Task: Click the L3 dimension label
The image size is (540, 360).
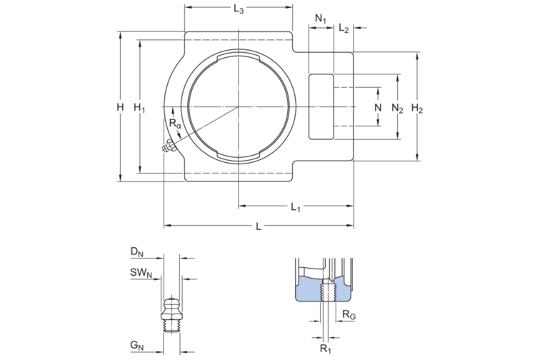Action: point(239,10)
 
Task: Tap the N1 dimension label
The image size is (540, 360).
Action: point(321,19)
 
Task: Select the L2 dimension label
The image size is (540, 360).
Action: point(344,29)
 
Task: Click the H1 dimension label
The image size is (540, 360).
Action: point(139,108)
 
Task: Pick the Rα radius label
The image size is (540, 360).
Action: point(175,124)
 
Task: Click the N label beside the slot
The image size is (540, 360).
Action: point(378,107)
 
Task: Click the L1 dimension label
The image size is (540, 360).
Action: point(296,207)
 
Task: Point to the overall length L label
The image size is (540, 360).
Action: point(259,226)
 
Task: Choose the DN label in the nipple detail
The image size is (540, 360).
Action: point(136,251)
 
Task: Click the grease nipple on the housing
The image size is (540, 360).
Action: point(169,147)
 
